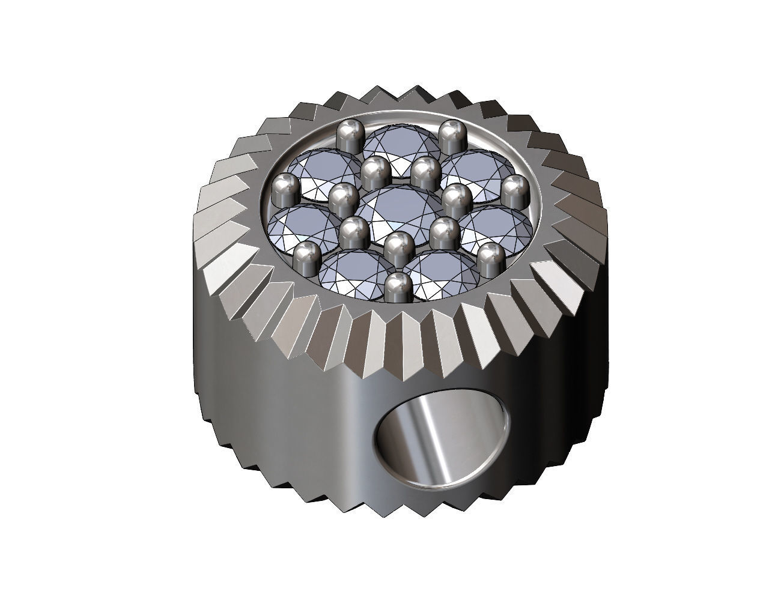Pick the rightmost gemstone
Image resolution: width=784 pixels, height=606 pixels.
tap(496, 226)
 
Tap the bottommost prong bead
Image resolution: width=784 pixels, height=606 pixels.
tap(397, 287)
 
